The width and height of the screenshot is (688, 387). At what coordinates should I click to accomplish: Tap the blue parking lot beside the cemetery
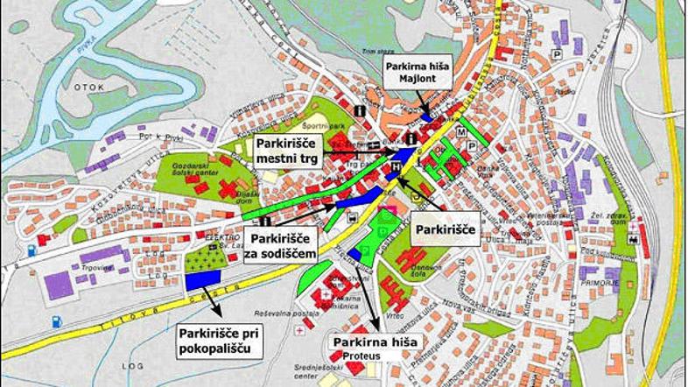click(x=202, y=277)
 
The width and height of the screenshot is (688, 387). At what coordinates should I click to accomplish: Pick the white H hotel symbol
click(x=397, y=165)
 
